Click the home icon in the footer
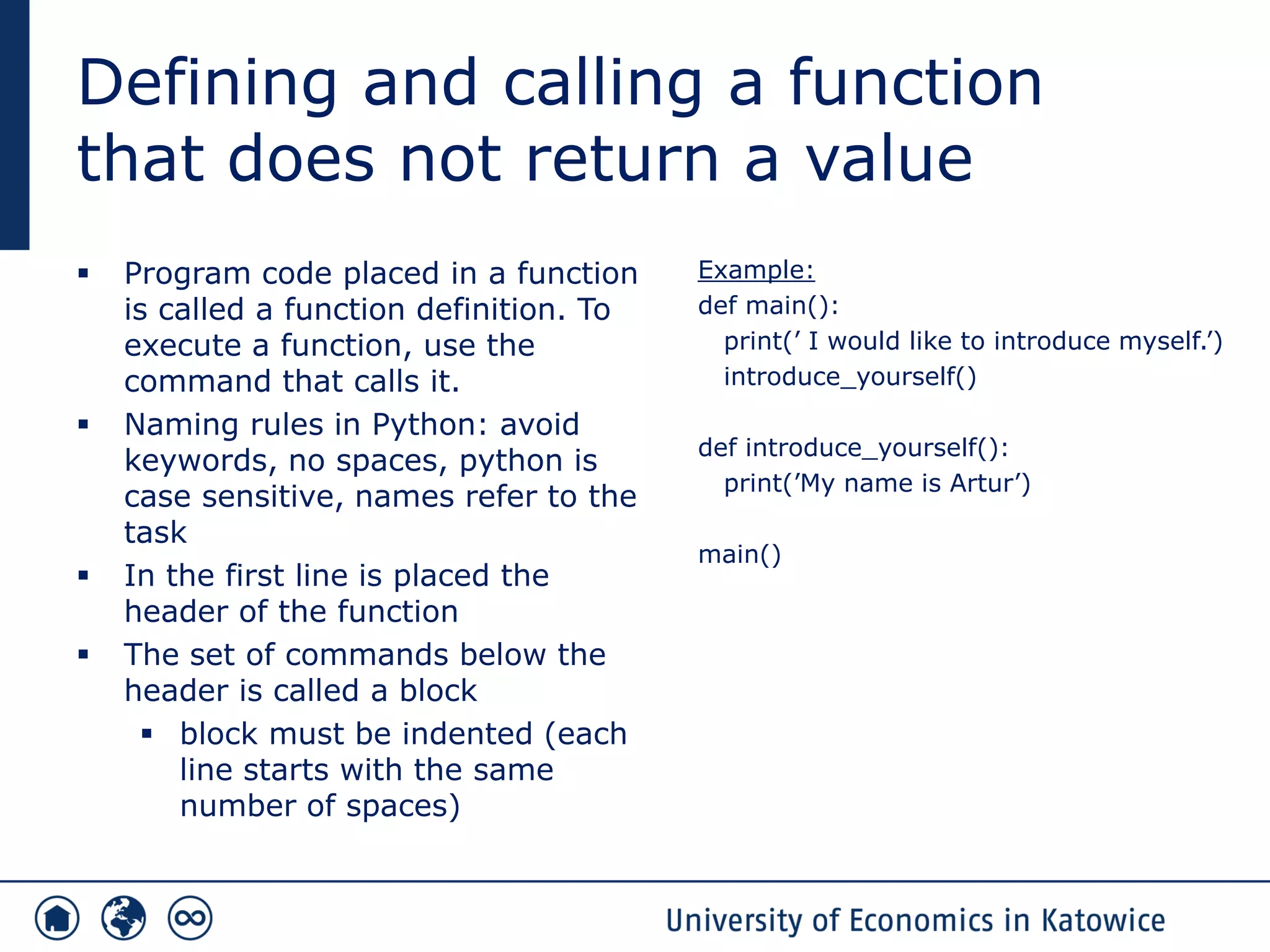coord(57,918)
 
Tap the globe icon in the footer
coord(123,918)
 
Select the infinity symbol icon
coord(190,918)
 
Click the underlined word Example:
coord(756,270)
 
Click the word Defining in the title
coord(207,84)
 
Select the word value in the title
coord(889,159)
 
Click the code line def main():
coord(768,306)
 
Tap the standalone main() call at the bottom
coord(739,554)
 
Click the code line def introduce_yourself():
coord(853,447)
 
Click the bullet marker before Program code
coord(84,273)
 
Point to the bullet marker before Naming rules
coord(84,425)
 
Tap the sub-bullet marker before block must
coord(147,734)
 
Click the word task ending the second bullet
coord(155,532)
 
